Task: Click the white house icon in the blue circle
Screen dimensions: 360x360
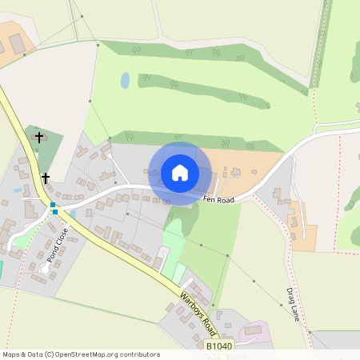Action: point(180,173)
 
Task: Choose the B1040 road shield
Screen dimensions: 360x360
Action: point(220,347)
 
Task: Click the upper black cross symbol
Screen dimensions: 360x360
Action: point(38,138)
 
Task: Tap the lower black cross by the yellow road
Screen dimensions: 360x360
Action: point(46,178)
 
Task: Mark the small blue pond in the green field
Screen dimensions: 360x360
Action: point(125,80)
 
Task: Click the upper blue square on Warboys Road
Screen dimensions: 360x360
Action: point(54,205)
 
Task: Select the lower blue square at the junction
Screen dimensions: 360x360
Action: point(56,213)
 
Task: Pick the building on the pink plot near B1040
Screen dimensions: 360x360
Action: point(254,330)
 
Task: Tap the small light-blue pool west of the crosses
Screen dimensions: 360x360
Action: point(17,190)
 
